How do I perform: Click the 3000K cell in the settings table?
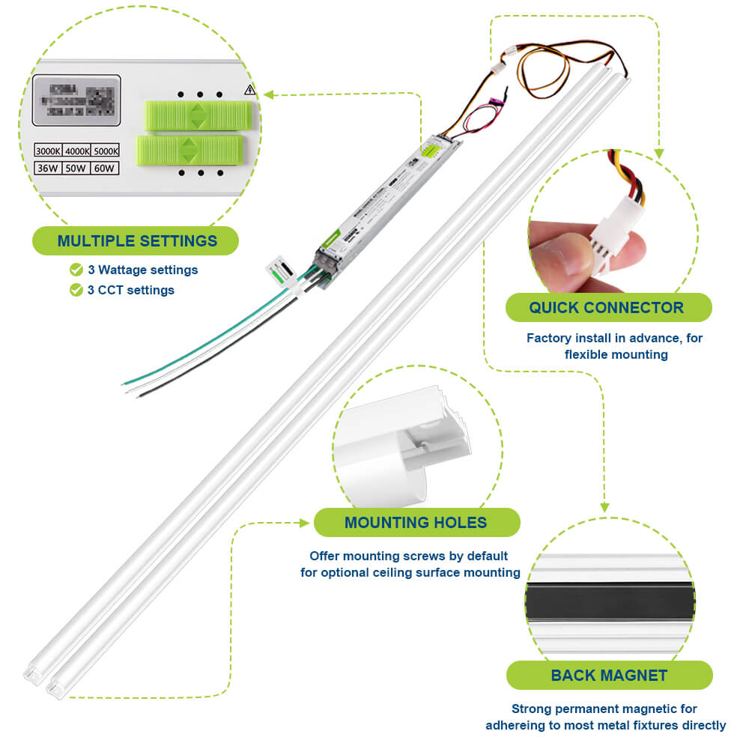(49, 152)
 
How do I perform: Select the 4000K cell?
(77, 152)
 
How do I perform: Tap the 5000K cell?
(106, 152)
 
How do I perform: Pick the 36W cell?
(49, 169)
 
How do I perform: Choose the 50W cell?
(76, 169)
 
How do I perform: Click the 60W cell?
(105, 169)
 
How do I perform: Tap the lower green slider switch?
(190, 150)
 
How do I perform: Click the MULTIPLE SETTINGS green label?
(136, 241)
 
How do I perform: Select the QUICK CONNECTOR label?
(607, 308)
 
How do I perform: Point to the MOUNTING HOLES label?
(416, 523)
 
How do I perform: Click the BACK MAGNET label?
(608, 676)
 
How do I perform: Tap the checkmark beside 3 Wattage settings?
(76, 270)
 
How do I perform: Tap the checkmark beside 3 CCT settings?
(76, 290)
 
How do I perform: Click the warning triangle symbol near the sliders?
(249, 91)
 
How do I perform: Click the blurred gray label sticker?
(76, 100)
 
